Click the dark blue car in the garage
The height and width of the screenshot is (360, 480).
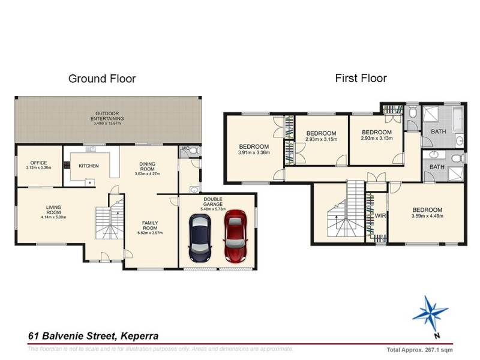pos(200,238)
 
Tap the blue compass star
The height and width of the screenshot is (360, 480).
pos(430,313)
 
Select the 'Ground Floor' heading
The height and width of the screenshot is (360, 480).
pos(102,79)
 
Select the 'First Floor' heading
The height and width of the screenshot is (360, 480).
pos(360,78)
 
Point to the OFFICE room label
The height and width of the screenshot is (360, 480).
pos(38,162)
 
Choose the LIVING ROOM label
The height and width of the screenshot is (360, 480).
pos(54,211)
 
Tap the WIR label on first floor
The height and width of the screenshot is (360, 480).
pos(380,215)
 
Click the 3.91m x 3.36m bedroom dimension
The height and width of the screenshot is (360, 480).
pos(254,152)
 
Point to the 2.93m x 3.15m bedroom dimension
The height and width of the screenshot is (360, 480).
pos(321,139)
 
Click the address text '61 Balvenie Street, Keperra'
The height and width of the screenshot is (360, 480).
pos(94,337)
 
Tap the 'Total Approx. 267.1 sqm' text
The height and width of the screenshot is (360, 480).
pos(419,349)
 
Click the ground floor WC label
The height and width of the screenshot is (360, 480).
pos(185,148)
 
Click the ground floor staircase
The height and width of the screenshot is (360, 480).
pos(108,221)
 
